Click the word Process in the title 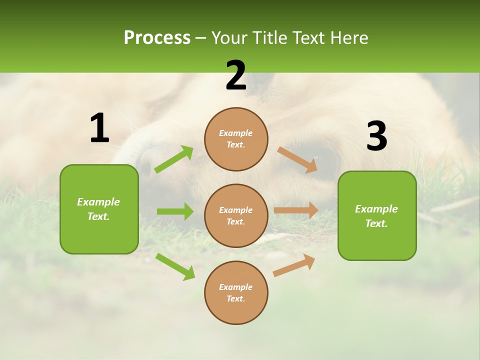(157, 38)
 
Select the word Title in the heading (269, 37)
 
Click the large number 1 (100, 127)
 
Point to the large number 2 (236, 75)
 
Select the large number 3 (377, 135)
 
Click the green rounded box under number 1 (99, 209)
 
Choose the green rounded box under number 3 (377, 216)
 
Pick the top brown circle (236, 139)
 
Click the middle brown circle (236, 216)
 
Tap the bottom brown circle (236, 292)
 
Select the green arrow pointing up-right (174, 159)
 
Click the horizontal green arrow (175, 211)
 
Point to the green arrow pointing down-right (175, 266)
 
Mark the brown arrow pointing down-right (297, 160)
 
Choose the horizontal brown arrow (296, 210)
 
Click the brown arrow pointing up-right (294, 265)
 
